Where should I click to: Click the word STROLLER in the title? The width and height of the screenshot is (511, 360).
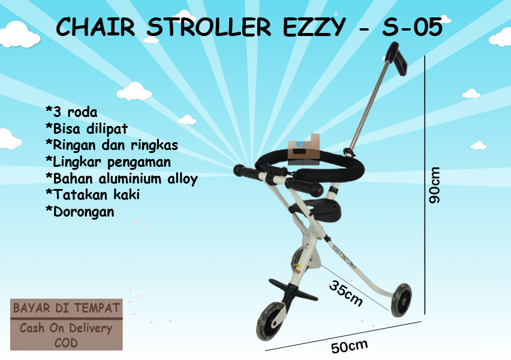[x=209, y=27]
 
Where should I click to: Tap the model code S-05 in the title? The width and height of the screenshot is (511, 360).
[x=413, y=27]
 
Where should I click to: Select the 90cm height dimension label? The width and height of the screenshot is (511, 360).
[x=435, y=185]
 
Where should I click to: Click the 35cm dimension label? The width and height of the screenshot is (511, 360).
[x=346, y=293]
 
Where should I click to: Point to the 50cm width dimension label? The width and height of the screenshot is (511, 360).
[x=349, y=346]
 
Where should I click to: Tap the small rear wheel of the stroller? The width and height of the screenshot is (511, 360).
[x=401, y=300]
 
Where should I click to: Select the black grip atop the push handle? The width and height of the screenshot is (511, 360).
[x=396, y=58]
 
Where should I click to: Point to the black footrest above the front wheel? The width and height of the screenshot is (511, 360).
[x=293, y=290]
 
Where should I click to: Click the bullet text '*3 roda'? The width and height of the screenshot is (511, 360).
[x=71, y=112]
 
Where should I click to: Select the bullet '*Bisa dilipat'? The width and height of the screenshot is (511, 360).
[x=87, y=128]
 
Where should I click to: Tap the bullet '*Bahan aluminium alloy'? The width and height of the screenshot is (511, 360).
[x=122, y=179]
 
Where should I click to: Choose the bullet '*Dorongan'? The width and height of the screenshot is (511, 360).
[x=80, y=212]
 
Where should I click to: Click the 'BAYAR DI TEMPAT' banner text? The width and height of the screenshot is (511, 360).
[x=67, y=308]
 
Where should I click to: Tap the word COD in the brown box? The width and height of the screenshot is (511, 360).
[x=66, y=343]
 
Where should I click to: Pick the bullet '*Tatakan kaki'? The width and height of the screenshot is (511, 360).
[x=93, y=194]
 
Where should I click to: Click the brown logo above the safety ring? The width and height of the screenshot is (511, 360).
[x=304, y=149]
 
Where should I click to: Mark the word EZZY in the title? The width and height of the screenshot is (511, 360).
[x=314, y=27]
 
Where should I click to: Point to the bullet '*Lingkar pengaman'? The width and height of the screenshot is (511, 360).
[x=108, y=162]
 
